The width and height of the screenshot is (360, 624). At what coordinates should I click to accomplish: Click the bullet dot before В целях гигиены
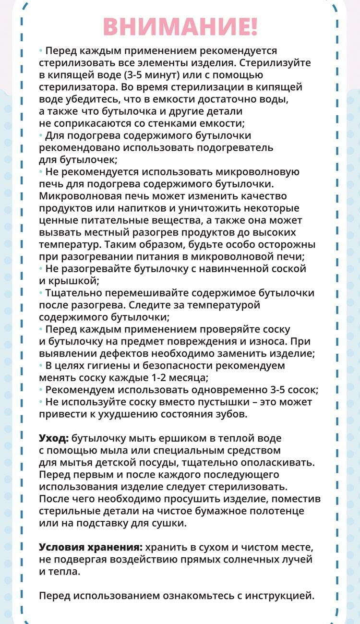(41, 366)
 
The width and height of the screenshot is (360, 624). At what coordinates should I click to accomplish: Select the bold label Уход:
(54, 438)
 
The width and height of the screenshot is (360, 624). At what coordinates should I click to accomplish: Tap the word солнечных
(246, 559)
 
